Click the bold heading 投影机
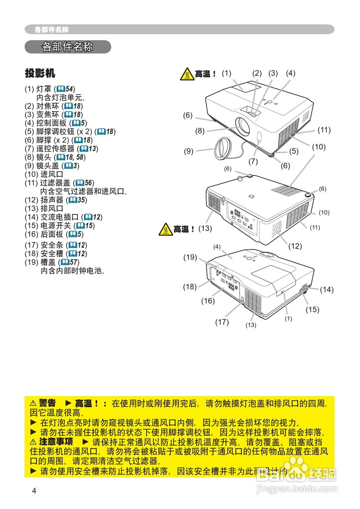coord(40,73)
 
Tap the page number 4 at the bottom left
coord(34,491)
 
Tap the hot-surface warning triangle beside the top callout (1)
coord(187,74)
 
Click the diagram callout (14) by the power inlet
coord(327,289)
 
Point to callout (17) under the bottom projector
coord(222,322)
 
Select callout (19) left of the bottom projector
coord(190,257)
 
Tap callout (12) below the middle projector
coord(295,246)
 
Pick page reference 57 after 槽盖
coord(74,262)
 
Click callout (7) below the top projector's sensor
coord(253,161)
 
